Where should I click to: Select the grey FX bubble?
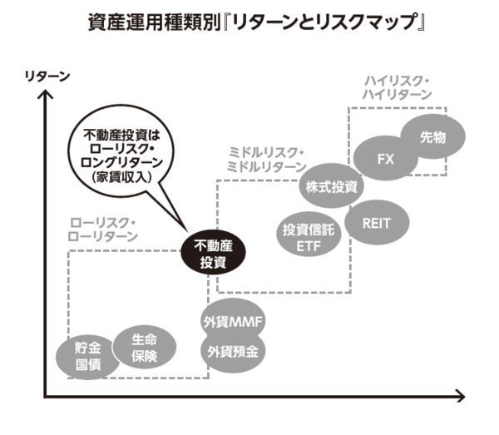coord(385,158)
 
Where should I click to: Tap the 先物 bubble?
coord(433,136)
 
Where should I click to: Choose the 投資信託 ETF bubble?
coord(308,237)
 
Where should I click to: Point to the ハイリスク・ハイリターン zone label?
coord(397,87)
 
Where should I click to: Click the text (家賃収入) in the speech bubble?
coord(122,177)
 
